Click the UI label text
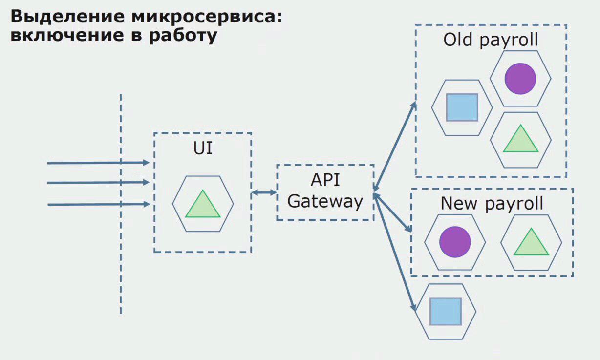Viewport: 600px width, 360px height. pyautogui.click(x=203, y=148)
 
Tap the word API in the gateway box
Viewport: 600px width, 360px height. pyautogui.click(x=325, y=180)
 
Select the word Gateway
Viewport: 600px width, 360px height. pyautogui.click(x=325, y=202)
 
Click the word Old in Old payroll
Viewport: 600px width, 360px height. pyautogui.click(x=457, y=40)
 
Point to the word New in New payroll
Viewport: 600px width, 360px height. pyautogui.click(x=459, y=203)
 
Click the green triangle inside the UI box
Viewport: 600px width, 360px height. pyautogui.click(x=203, y=204)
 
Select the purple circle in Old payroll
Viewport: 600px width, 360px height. pyautogui.click(x=520, y=79)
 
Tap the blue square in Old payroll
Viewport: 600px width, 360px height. pyautogui.click(x=462, y=107)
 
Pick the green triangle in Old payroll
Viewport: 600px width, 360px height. pyautogui.click(x=521, y=138)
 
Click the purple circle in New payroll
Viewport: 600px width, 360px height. pyautogui.click(x=455, y=242)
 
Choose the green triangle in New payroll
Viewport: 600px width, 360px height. pyautogui.click(x=531, y=242)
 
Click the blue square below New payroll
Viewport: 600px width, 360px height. pyautogui.click(x=446, y=312)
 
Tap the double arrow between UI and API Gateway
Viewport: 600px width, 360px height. pyautogui.click(x=264, y=192)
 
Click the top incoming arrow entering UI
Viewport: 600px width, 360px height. pyautogui.click(x=98, y=163)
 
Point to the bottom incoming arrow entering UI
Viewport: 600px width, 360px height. pyautogui.click(x=99, y=204)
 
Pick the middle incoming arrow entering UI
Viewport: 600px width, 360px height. pyautogui.click(x=98, y=183)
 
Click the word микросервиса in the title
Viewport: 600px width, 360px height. pyautogui.click(x=207, y=17)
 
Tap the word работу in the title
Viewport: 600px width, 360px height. pyautogui.click(x=183, y=36)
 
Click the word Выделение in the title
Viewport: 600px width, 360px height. pyautogui.click(x=67, y=17)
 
